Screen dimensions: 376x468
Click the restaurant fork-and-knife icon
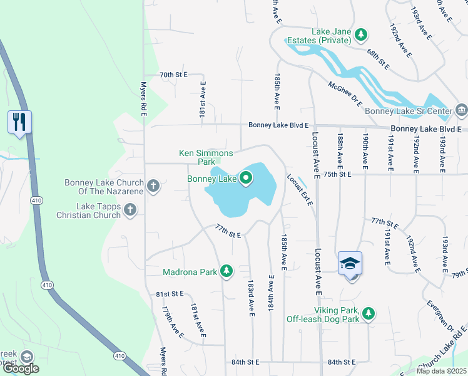pos(20,121)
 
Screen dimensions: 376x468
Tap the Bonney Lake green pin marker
pos(245,179)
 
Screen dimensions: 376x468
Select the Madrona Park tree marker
pos(226,272)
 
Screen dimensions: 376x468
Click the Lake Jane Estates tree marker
pos(360,34)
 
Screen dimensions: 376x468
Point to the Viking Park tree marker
pos(369,312)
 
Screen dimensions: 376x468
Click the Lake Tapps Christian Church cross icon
pos(130,209)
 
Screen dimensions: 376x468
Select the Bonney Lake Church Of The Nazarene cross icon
pos(153,185)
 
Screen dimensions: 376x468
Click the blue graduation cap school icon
pos(350,263)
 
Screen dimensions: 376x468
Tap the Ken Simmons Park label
pos(206,157)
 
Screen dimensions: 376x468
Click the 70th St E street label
pos(173,75)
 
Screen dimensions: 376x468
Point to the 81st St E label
pos(170,293)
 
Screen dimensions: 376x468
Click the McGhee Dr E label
pos(345,94)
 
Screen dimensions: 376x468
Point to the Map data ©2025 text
pos(441,371)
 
